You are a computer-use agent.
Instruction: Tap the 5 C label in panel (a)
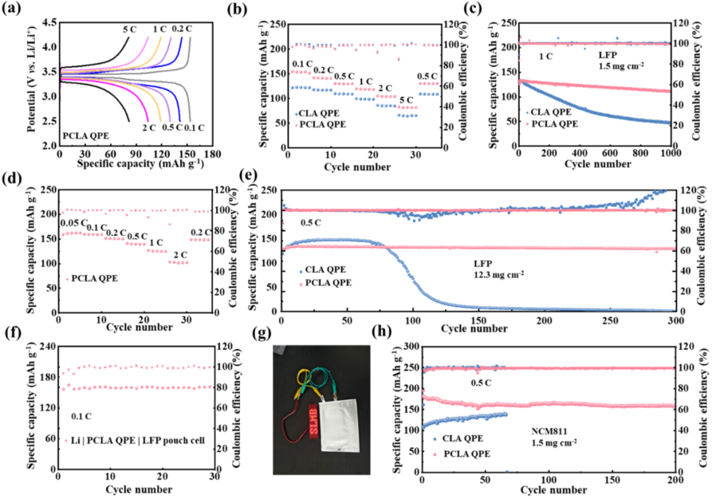129,30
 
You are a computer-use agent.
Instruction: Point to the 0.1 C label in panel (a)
194,128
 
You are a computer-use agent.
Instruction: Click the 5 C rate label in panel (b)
405,100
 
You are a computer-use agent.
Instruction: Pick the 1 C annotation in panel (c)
546,57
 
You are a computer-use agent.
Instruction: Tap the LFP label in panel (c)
608,55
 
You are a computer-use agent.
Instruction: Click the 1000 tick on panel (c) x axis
671,153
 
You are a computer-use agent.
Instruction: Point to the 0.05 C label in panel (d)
74,223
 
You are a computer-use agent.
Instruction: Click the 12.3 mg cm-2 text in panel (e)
498,274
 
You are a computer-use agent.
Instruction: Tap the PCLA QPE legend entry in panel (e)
325,283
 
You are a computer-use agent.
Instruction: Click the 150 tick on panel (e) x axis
479,320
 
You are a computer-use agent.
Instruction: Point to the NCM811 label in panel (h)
549,431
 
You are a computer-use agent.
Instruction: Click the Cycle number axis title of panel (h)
554,490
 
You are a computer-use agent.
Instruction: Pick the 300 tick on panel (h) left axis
410,347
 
